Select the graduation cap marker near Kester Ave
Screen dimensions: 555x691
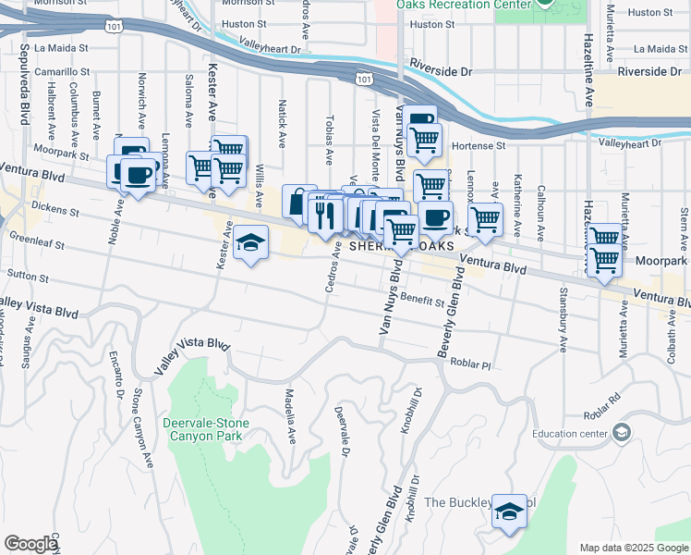pyautogui.click(x=250, y=243)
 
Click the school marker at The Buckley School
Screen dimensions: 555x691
pyautogui.click(x=509, y=512)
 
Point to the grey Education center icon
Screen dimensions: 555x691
pyautogui.click(x=622, y=433)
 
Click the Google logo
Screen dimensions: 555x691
pyautogui.click(x=30, y=544)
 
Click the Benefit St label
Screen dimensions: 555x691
pyautogui.click(x=422, y=301)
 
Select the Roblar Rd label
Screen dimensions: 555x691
pyautogui.click(x=597, y=417)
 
